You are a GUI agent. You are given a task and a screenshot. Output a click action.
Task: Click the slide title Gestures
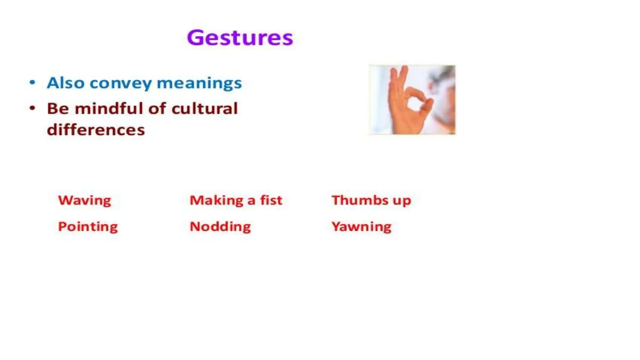(x=240, y=38)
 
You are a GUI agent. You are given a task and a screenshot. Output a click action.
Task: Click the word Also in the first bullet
(x=66, y=83)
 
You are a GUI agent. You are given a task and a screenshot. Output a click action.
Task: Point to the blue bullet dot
(x=32, y=82)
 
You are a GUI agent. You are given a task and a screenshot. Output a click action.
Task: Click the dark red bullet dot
(x=32, y=108)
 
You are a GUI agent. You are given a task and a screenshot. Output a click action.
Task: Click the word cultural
(x=204, y=109)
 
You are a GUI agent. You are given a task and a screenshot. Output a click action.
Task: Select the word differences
(x=96, y=130)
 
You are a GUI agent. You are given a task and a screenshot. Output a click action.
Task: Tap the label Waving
(x=85, y=200)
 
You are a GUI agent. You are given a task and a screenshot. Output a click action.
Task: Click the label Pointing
(x=88, y=227)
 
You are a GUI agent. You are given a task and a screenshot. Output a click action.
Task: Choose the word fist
(x=271, y=200)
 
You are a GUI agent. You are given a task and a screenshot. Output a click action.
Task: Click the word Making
(x=216, y=200)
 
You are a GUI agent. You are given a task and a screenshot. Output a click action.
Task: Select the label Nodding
(x=220, y=227)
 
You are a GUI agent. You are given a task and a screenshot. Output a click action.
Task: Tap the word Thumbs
(x=360, y=200)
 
